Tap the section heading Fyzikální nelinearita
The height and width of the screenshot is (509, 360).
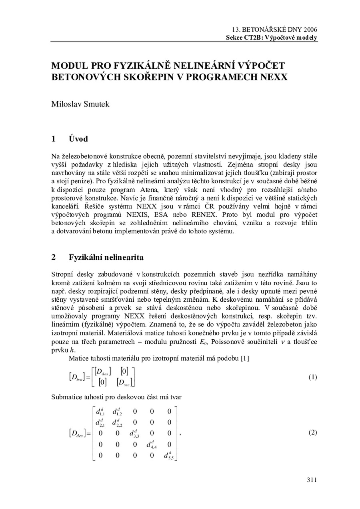pyautogui.click(x=106, y=257)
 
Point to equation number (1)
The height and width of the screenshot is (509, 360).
pyautogui.click(x=313, y=377)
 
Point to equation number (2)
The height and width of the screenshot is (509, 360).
pyautogui.click(x=313, y=433)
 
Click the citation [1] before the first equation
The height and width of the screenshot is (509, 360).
pyautogui.click(x=244, y=358)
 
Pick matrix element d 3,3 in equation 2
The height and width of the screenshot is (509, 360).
pyautogui.click(x=134, y=433)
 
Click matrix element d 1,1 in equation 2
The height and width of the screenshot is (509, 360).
pyautogui.click(x=100, y=411)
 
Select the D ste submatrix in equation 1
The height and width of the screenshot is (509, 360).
pyautogui.click(x=125, y=383)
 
